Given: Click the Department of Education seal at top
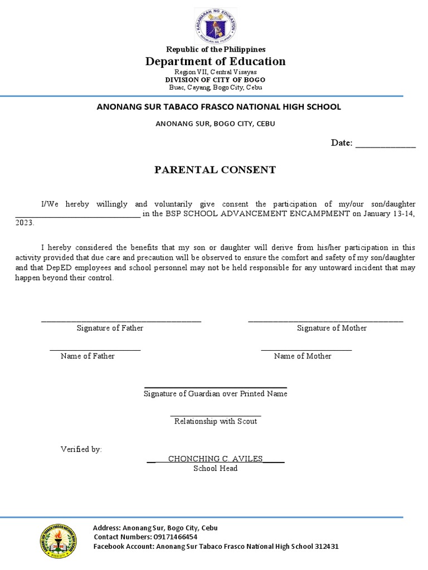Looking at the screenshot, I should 215,26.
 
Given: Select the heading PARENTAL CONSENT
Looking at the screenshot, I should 215,170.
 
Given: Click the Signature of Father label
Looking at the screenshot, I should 110,328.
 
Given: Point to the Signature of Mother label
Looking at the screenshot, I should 332,328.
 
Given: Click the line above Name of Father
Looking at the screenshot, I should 95,350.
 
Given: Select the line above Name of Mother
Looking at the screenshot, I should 307,350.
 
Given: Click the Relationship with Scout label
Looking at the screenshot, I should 216,421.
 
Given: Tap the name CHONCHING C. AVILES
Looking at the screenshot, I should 215,459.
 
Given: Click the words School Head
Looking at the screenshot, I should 215,469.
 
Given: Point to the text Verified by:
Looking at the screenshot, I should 81,449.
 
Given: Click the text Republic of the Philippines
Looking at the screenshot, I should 215,50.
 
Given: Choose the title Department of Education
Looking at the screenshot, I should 215,61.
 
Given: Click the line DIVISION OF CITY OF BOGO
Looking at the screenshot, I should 215,80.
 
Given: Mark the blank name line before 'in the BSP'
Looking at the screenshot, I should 77,216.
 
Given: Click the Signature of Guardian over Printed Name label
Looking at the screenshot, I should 216,394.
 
